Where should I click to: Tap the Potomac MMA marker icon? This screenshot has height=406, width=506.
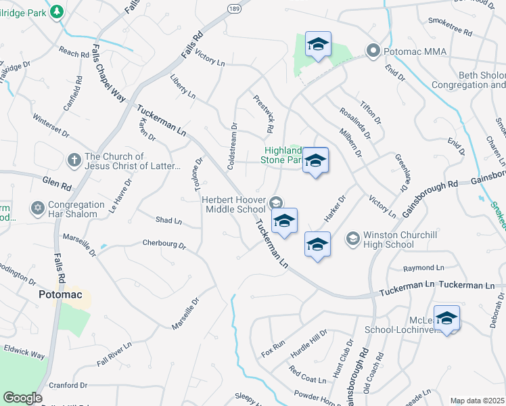(x=372, y=51)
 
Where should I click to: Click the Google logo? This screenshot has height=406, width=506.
(x=22, y=398)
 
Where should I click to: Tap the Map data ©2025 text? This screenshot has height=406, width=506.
(x=477, y=401)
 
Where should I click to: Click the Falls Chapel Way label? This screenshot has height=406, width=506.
(x=108, y=73)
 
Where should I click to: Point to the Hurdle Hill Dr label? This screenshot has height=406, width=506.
(x=308, y=342)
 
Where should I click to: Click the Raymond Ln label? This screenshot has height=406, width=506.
(x=423, y=269)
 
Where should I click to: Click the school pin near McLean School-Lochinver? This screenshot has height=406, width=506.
(x=447, y=318)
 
